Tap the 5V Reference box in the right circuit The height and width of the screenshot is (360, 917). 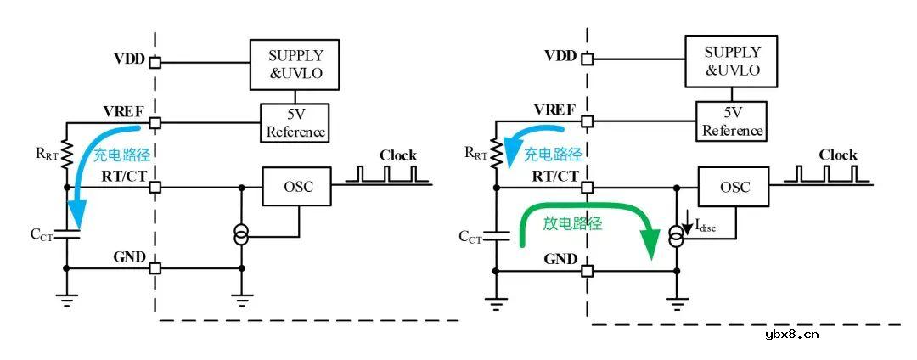click(x=732, y=121)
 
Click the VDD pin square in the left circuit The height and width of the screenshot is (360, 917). click(x=155, y=61)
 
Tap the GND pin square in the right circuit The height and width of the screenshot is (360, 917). click(x=587, y=272)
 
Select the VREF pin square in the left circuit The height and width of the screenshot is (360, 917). click(x=155, y=123)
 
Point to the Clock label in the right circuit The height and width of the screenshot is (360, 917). click(x=837, y=155)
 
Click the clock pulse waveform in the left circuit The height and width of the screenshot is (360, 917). click(x=386, y=176)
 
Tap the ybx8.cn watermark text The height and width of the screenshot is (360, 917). click(x=791, y=334)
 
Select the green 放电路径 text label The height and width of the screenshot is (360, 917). click(x=573, y=224)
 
